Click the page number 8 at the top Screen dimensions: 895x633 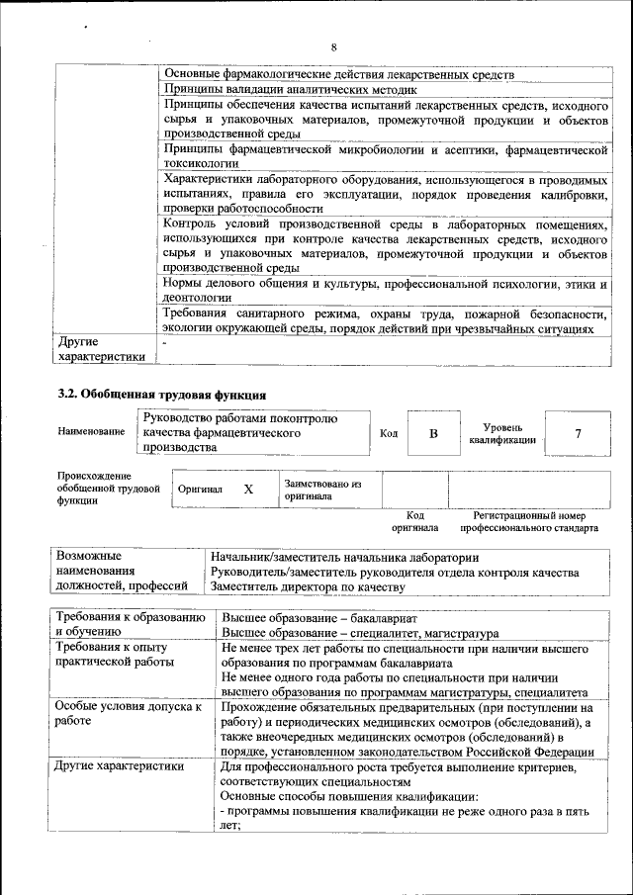click(334, 47)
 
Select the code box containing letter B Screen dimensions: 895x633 click(433, 433)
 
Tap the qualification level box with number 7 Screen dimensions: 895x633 click(578, 433)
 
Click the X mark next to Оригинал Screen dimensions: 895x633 click(248, 489)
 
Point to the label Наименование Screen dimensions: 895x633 click(91, 432)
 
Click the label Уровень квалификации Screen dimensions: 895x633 click(502, 432)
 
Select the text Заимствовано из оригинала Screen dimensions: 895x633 click(322, 490)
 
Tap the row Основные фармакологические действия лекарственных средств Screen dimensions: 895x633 click(338, 74)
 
